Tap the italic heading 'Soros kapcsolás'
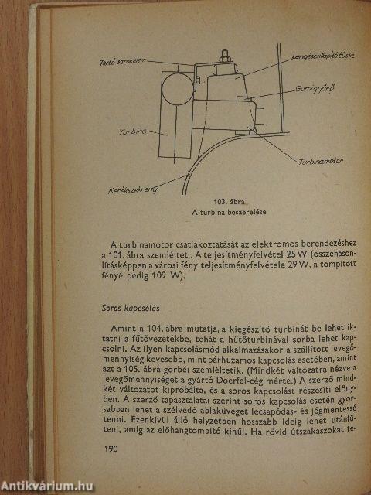[114, 308]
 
